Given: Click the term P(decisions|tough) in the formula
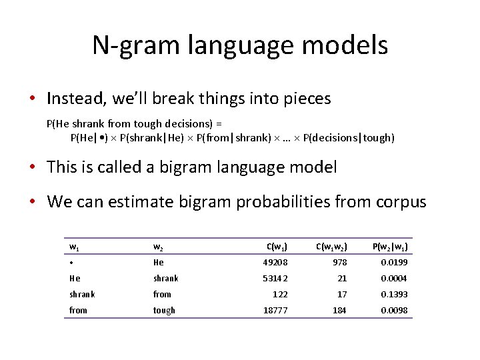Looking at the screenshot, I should coord(349,138).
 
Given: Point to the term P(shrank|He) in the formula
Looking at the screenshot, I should coord(153,138).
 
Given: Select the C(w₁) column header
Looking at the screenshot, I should coord(277,247).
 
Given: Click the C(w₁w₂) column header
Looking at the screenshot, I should coord(331,247).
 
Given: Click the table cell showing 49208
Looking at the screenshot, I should coord(275,263).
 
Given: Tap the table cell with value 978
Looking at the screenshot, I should coord(339,263).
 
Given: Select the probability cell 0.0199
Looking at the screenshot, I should coord(394,263).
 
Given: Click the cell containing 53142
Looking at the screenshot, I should coord(275,279).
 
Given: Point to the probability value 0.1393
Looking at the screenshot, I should coord(394,294).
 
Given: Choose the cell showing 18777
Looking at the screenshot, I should coord(275,310).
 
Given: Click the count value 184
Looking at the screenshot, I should coord(339,310).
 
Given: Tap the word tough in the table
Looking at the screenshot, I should coord(164,310).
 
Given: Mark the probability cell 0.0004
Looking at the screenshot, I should coord(394,279).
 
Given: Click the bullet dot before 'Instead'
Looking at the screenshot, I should coord(32,99).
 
